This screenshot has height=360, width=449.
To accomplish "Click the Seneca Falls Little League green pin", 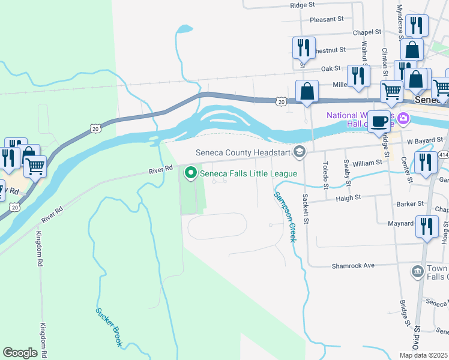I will tap(191, 173).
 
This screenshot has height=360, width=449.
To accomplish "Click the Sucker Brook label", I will tap(109, 327).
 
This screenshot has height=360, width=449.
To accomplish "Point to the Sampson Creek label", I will tap(286, 217).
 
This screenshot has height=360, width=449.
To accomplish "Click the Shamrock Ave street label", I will tap(353, 265).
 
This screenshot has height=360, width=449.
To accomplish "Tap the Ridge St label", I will tap(302, 5).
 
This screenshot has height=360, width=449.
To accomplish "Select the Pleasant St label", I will tap(326, 19).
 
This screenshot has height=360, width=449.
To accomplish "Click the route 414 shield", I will tap(444, 155).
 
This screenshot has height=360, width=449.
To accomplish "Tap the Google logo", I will tap(20, 352).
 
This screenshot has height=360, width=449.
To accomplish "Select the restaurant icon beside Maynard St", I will tap(427, 227).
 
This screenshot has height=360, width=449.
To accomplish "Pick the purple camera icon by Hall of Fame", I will tap(403, 118).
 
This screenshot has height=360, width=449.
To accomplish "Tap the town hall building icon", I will tap(417, 272).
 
